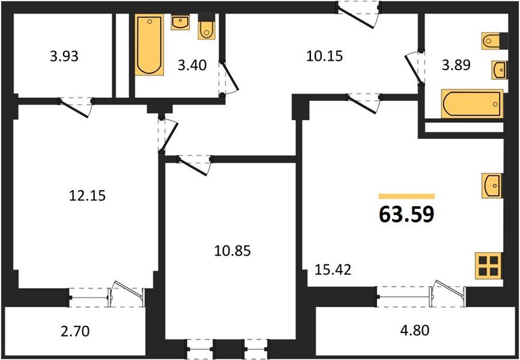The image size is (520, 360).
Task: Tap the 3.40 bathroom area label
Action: click(x=193, y=65)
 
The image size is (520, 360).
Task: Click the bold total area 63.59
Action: click(x=406, y=214)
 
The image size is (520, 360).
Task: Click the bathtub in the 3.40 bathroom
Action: click(x=150, y=46)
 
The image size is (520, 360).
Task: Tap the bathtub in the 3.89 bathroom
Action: click(x=472, y=104)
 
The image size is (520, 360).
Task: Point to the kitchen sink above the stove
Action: click(x=491, y=185)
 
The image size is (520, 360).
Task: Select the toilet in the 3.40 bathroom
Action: click(x=205, y=28)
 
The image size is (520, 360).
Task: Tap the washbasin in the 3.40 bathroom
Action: click(x=180, y=22)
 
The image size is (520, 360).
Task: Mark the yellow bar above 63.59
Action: click(x=406, y=196)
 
